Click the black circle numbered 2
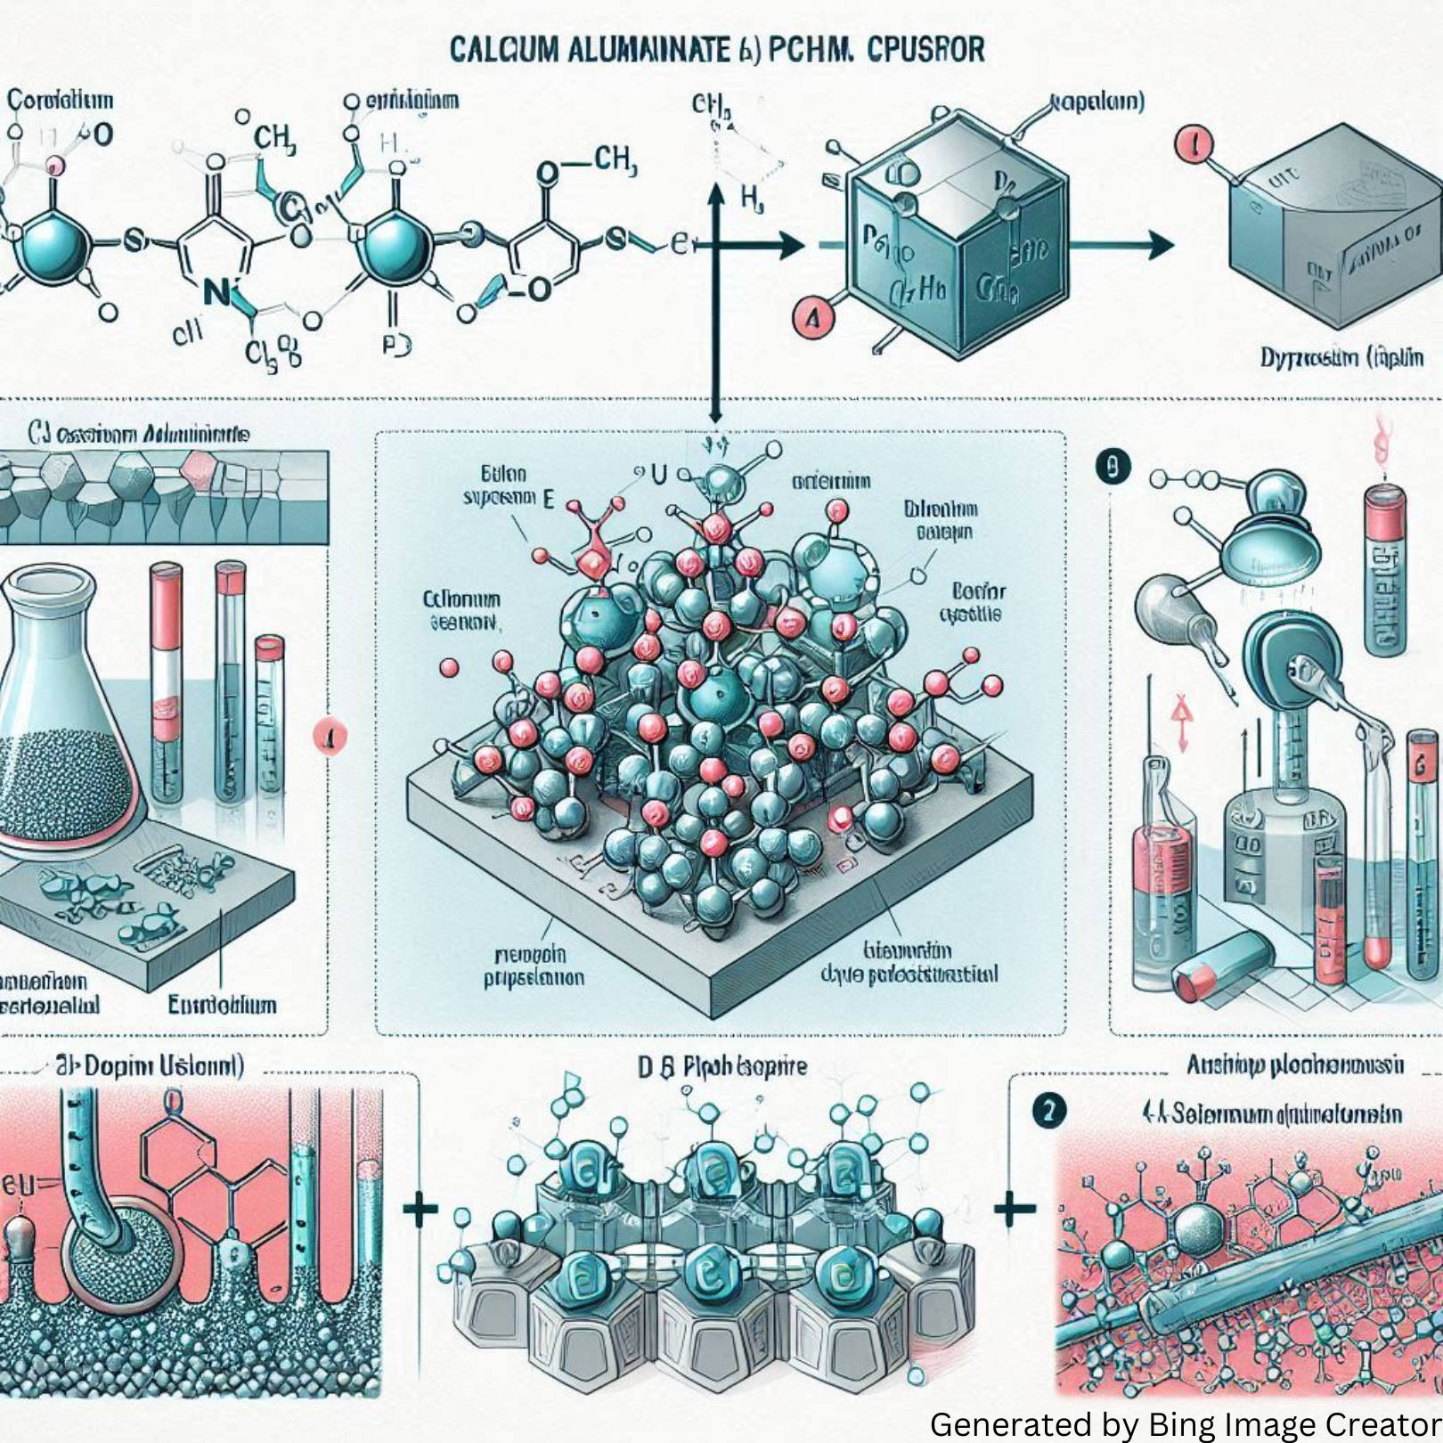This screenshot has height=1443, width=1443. [1049, 1111]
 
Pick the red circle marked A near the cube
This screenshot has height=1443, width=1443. [812, 318]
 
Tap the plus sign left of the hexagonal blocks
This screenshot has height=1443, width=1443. [420, 1209]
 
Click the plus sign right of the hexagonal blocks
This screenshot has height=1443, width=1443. [1015, 1209]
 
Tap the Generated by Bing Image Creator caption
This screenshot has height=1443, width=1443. [1185, 1423]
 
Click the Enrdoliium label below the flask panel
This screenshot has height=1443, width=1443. [222, 1006]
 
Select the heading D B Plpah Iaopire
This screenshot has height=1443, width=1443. [721, 1066]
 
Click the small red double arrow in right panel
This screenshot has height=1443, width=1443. [1182, 721]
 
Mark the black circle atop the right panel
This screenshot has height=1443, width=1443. [1113, 467]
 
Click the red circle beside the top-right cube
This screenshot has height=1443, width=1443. [1194, 144]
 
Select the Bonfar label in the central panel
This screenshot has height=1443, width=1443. [978, 591]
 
